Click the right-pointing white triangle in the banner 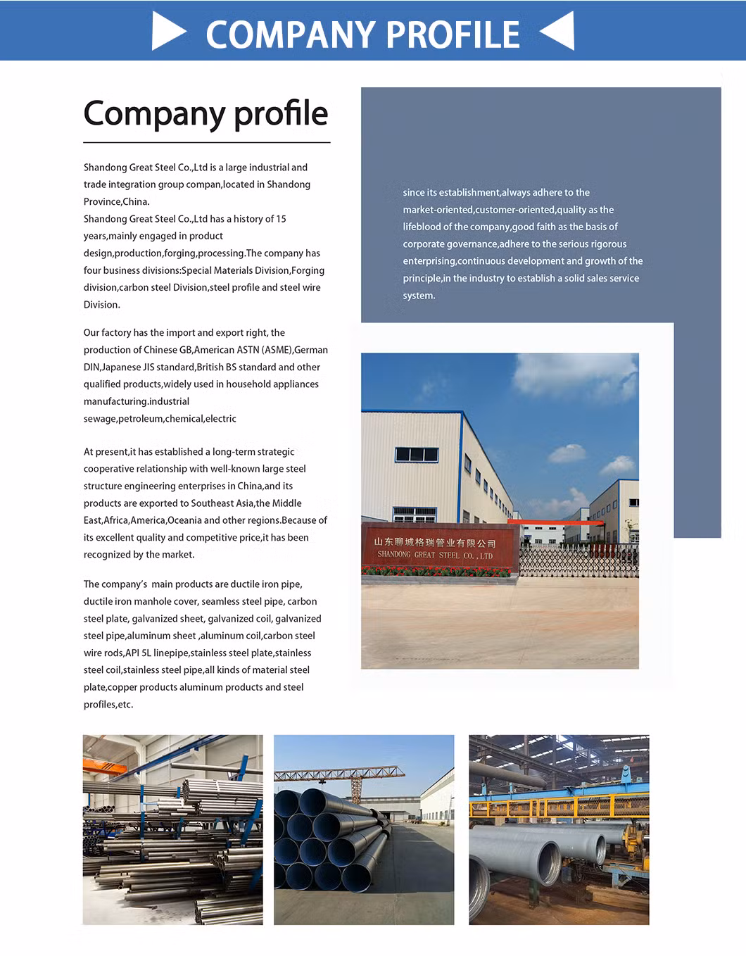[x=167, y=32]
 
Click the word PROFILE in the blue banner [x=453, y=34]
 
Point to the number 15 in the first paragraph [x=281, y=219]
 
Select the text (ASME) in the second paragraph [x=277, y=350]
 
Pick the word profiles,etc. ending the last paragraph [x=108, y=705]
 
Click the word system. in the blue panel [x=419, y=296]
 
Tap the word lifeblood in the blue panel [x=421, y=227]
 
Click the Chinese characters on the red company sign [x=435, y=543]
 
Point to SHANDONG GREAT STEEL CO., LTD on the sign [x=435, y=555]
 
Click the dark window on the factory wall [x=417, y=455]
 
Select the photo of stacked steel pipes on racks [x=172, y=829]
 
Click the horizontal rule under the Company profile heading [x=206, y=143]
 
